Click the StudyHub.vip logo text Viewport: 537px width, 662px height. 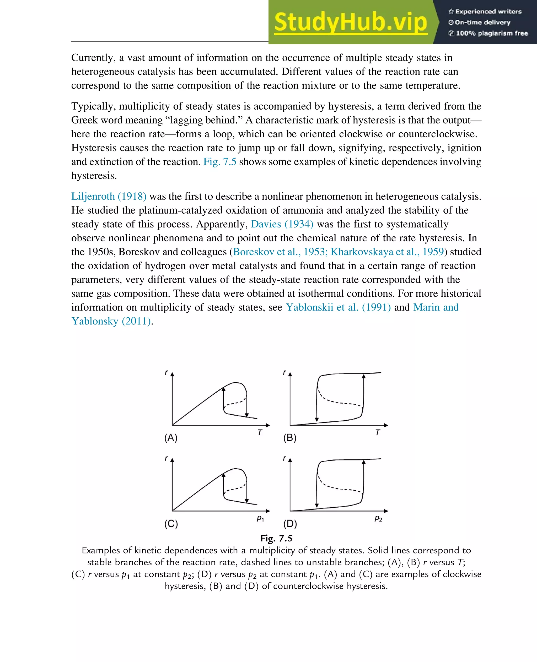point(351,22)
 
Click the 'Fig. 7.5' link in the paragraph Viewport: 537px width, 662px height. point(220,162)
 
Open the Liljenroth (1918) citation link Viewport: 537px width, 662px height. point(109,196)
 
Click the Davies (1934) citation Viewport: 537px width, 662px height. point(282,224)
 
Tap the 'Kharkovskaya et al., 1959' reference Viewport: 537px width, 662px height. point(387,252)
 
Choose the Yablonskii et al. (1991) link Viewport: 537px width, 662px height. point(338,307)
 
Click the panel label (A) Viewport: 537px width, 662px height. point(171,438)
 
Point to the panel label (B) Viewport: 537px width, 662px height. point(290,438)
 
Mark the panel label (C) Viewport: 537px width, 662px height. point(171,524)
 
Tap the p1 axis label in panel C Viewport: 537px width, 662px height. point(260,518)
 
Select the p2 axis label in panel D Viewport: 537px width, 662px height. point(378,518)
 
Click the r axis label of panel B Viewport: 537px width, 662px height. point(284,372)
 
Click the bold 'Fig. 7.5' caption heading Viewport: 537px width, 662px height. point(276,538)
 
